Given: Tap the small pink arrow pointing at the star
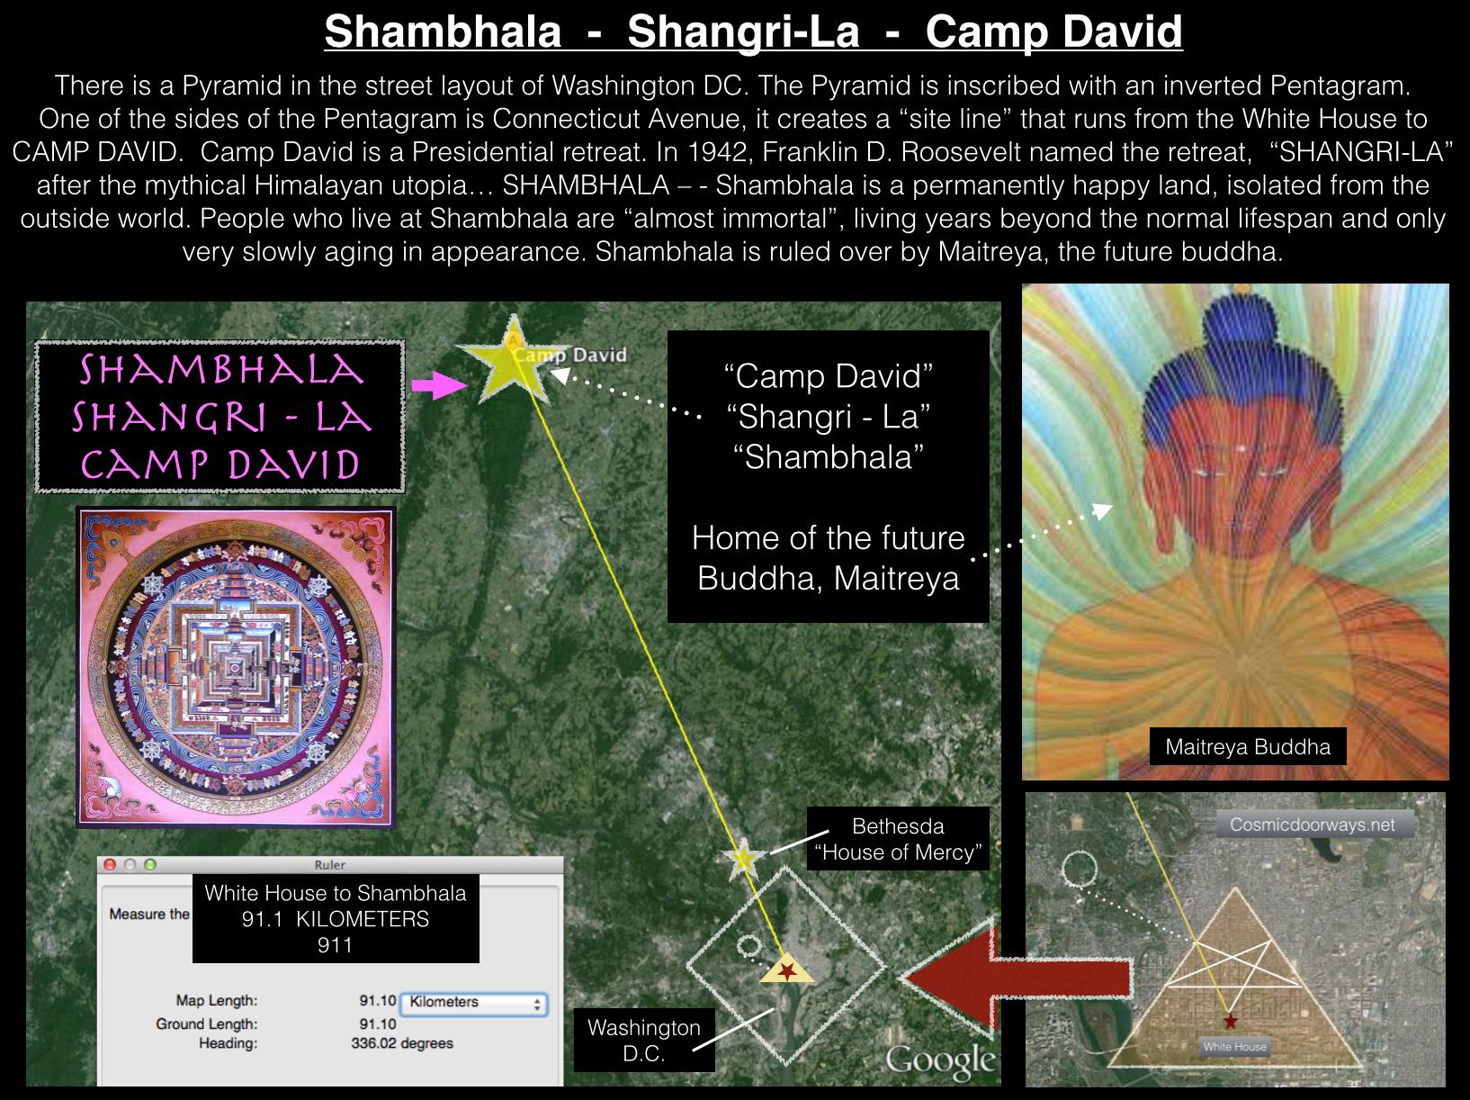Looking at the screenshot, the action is (x=439, y=384).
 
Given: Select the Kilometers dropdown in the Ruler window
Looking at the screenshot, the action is (x=474, y=1002).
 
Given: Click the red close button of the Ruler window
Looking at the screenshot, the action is (x=109, y=865).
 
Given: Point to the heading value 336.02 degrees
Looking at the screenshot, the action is (x=402, y=1043).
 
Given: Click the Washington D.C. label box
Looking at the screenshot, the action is (x=644, y=1040).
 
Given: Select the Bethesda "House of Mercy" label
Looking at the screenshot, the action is (x=898, y=839).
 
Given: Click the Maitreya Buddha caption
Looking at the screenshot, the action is (x=1248, y=746).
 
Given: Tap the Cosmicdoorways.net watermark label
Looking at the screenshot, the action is (x=1313, y=825).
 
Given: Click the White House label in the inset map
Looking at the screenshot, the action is (x=1234, y=1046).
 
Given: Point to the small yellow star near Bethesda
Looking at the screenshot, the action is (x=744, y=858).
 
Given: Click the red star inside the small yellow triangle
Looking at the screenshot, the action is (x=787, y=969).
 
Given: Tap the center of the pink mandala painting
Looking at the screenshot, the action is (x=235, y=667).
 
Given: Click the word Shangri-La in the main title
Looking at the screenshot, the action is (x=743, y=32).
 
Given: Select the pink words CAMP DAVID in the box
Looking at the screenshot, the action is (x=220, y=464).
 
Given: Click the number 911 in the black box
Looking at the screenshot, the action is (x=335, y=944).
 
